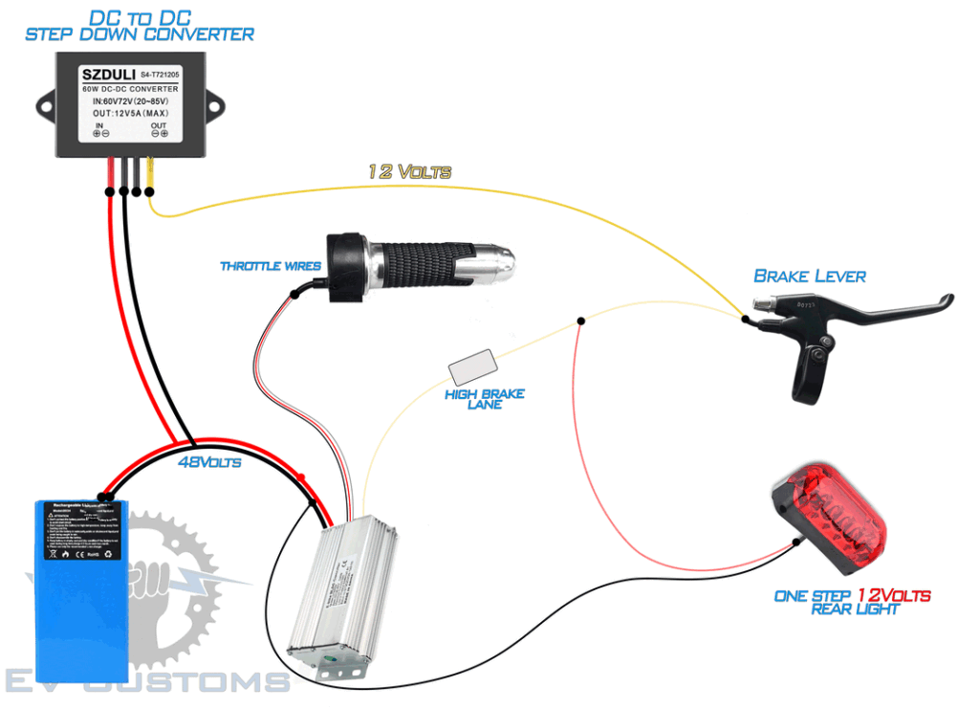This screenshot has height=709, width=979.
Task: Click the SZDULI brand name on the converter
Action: pos(108,73)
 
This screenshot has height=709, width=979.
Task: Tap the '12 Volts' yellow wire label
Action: pos(409,172)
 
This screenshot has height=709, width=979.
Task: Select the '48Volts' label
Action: pos(209,462)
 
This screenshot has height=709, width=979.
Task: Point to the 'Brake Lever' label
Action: pos(810,277)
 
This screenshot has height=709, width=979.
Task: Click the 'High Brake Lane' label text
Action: pos(484,399)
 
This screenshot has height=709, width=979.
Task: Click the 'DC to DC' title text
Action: pos(140,17)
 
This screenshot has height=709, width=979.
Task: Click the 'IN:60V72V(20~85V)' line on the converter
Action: pos(141,100)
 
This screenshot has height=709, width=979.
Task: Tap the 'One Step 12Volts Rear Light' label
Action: pos(852,602)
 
